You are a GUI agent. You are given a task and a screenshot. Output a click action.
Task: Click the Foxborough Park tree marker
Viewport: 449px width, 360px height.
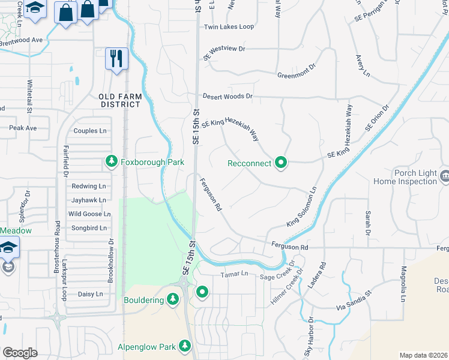(x=111, y=161)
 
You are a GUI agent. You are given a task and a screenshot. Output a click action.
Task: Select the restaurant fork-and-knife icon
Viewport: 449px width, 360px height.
(x=116, y=58)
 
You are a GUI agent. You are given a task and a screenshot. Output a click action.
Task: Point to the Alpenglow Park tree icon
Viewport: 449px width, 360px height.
(x=185, y=346)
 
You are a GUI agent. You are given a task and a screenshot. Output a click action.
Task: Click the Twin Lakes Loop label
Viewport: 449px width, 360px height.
(x=229, y=27)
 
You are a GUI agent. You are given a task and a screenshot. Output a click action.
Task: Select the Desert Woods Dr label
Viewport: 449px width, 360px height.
(x=228, y=96)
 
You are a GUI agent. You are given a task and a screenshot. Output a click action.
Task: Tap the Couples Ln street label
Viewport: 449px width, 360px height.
(x=89, y=131)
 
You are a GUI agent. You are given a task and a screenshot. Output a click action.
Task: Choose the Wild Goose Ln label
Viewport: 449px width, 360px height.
(x=89, y=214)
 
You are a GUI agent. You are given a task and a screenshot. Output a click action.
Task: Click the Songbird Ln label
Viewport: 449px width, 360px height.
(x=89, y=228)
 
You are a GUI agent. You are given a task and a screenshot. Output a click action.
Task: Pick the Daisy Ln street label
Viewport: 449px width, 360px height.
(x=91, y=295)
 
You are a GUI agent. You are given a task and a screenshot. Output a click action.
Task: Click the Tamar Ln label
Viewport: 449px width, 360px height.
(x=236, y=274)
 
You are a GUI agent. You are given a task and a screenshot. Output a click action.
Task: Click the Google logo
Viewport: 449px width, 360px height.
(x=20, y=353)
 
